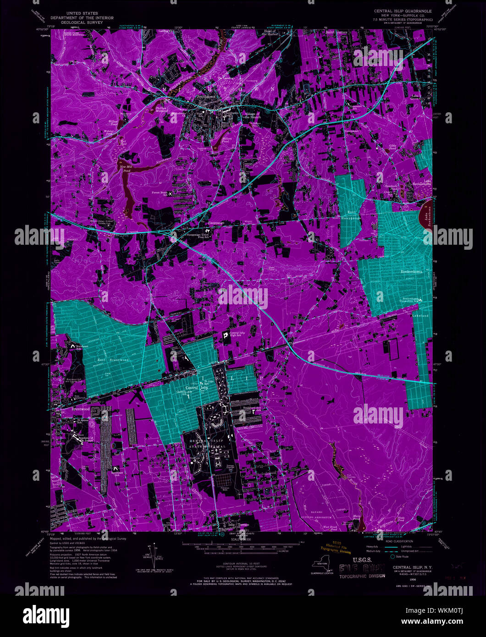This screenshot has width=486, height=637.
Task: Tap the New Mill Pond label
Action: coord(126,168)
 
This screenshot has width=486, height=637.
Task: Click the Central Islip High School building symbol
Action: coord(226,336)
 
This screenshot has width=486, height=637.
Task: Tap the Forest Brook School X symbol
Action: coord(171,194)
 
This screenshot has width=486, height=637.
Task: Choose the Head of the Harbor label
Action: coord(271,33)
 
